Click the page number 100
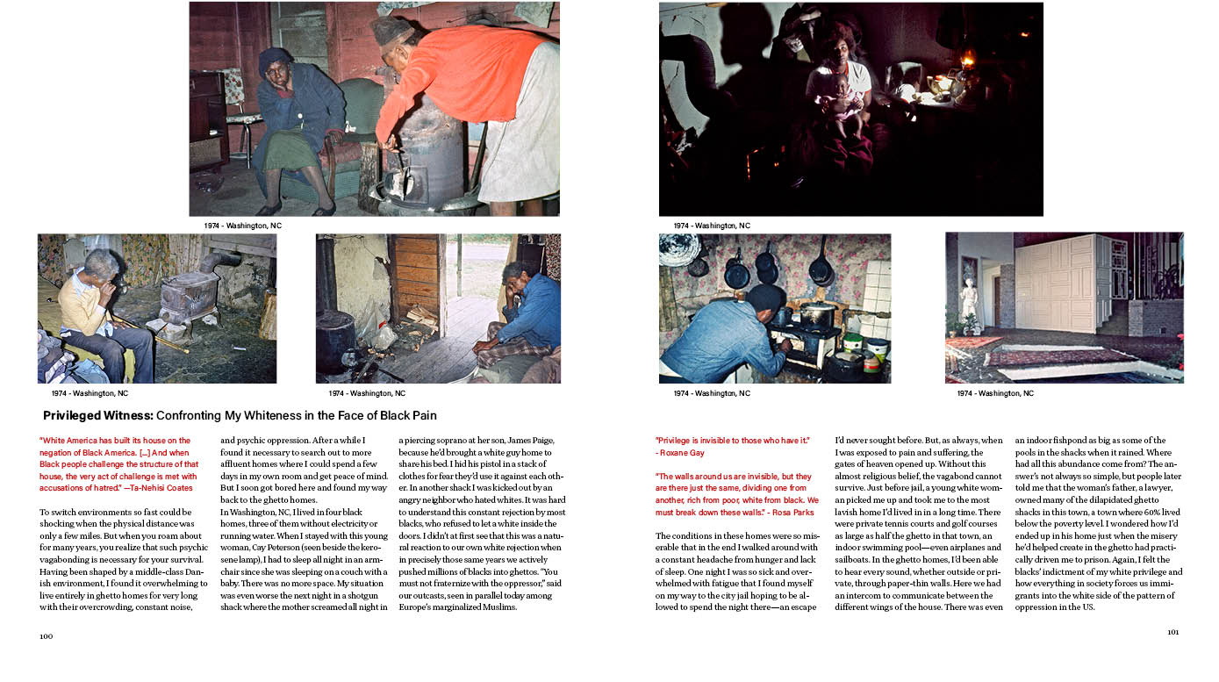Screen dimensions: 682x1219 coord(47,635)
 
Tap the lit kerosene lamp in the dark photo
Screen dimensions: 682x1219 coord(967,61)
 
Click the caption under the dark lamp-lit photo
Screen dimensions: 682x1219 coord(712,226)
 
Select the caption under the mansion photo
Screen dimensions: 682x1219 coord(995,393)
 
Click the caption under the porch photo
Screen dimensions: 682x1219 coord(367,393)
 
